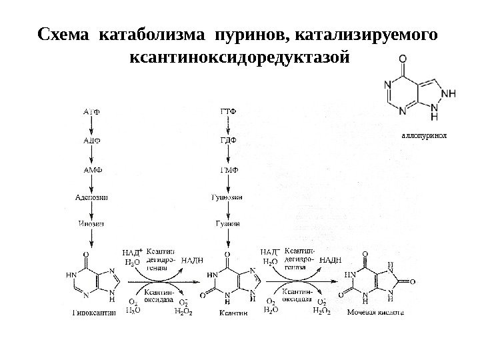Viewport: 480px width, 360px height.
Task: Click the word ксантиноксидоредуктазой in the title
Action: tap(240, 57)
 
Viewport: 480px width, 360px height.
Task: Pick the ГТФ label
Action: tap(228, 110)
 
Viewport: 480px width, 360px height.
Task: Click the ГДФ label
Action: tap(228, 140)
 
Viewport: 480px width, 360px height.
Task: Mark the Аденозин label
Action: tap(91, 198)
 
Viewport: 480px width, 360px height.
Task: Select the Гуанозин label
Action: tap(227, 198)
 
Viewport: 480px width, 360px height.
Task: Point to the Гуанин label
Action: tap(228, 223)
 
